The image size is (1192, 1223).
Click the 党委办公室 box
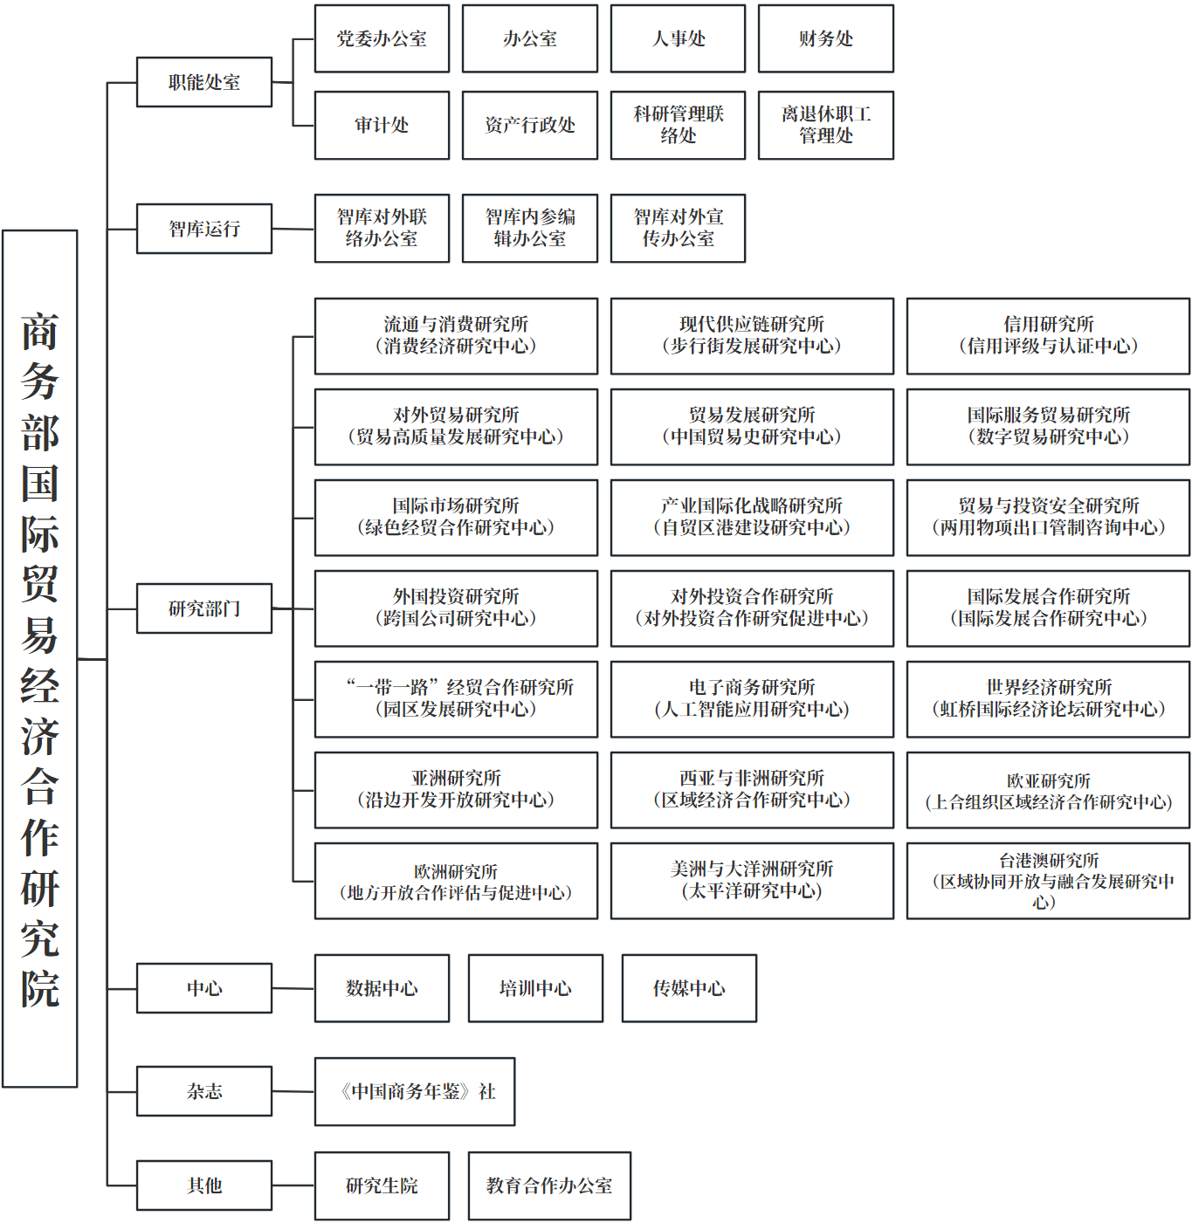pos(382,38)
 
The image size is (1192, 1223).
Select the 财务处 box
pos(825,38)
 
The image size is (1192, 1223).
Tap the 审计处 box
pos(382,125)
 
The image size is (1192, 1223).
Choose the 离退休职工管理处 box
pos(825,125)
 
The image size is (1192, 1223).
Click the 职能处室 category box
pos(204,82)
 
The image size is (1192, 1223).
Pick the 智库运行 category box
pos(204,229)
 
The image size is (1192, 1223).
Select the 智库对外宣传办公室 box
pos(678,228)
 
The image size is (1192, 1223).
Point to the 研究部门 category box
pos(204,608)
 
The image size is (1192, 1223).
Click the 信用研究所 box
pos(1048,336)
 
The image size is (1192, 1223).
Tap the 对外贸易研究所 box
pos(456,427)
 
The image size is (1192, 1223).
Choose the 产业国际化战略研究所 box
pos(752,518)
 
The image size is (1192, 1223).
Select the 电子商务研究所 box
pos(752,699)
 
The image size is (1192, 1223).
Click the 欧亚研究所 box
pos(1048,790)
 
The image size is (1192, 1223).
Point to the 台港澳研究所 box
pos(1048,881)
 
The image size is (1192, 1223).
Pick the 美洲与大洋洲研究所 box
pos(752,881)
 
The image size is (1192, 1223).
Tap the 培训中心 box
pos(535,988)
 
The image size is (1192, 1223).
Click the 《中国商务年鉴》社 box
pos(415,1091)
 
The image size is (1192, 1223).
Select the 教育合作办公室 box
pos(549,1185)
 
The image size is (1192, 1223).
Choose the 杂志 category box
pos(204,1091)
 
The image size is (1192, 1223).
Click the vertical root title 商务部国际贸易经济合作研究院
pos(40,659)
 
